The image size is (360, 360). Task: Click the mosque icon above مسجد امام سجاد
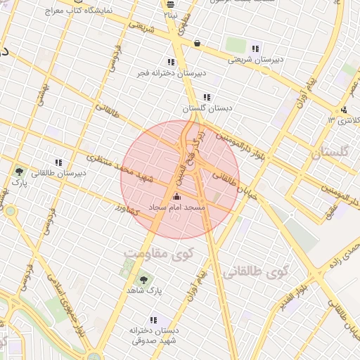pos(176,196)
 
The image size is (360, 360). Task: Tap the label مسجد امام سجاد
pos(176,207)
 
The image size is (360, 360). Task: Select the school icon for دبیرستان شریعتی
pos(255,49)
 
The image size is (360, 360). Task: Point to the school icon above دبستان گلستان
pos(206,97)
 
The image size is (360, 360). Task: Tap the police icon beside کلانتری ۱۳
pos(344,109)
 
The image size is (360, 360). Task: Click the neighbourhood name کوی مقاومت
pos(155,252)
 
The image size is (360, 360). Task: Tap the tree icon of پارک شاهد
pos(143,279)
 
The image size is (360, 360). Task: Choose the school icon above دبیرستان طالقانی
pos(59,162)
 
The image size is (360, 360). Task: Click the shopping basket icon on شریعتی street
pos(197,43)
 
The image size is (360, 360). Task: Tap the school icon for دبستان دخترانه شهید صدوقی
pos(154,320)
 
